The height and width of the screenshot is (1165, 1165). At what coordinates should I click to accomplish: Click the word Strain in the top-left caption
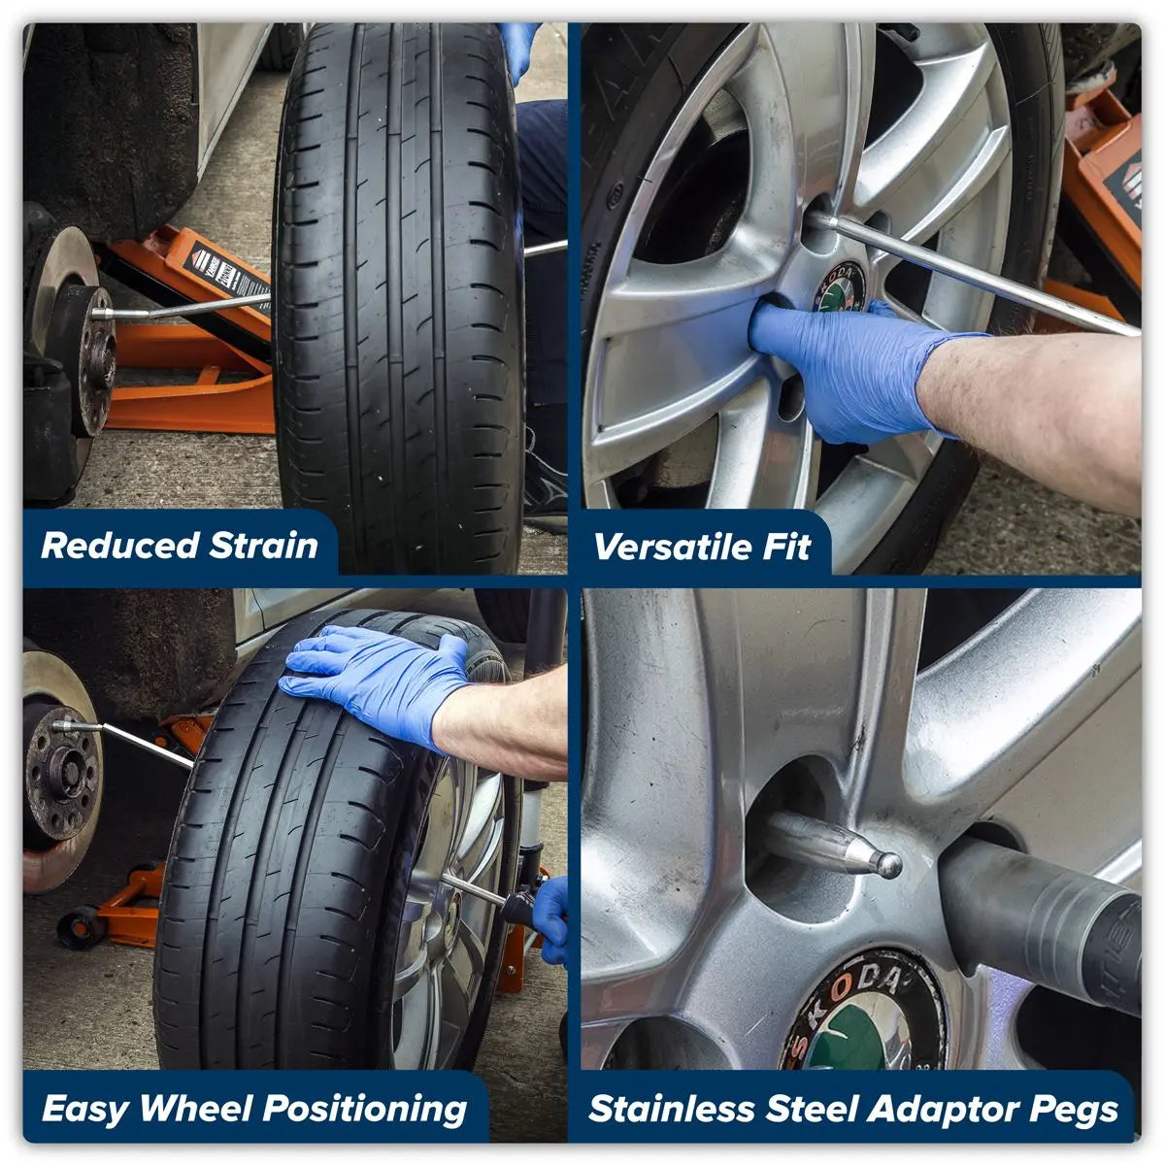tap(264, 546)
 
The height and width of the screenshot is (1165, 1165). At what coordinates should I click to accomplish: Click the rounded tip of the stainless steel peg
tap(887, 864)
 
